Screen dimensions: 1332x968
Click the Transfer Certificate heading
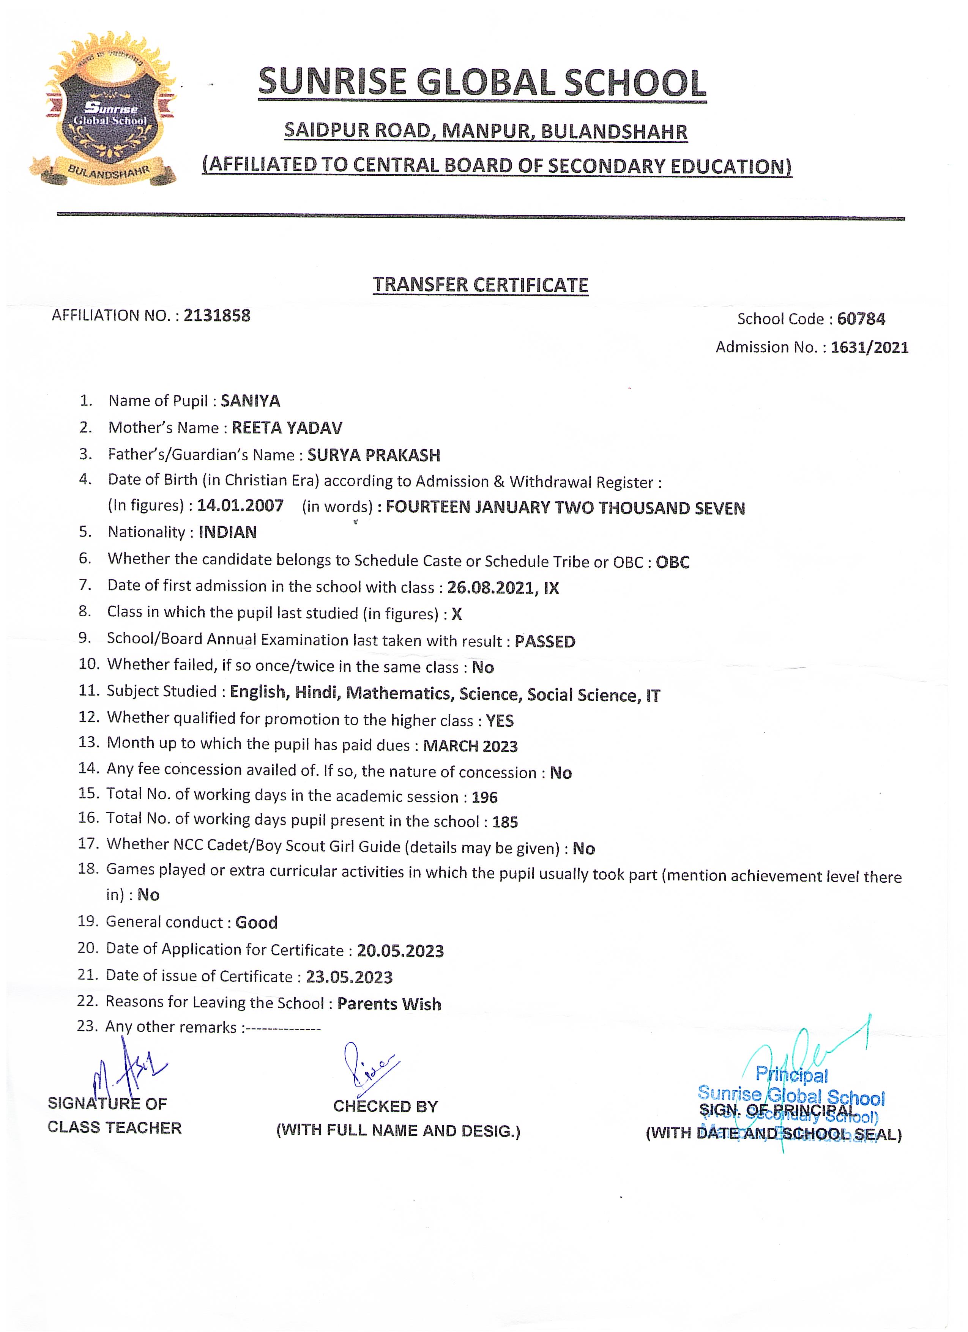click(481, 285)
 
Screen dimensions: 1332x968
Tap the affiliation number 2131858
click(217, 316)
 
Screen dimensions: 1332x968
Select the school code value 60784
click(861, 319)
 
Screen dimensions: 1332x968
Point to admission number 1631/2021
click(869, 347)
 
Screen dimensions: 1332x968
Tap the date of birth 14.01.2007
click(240, 505)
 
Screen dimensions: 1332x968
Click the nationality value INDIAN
click(227, 532)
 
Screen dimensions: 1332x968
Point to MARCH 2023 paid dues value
click(470, 746)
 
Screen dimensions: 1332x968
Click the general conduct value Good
click(256, 922)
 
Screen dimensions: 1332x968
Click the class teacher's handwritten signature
click(126, 1070)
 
